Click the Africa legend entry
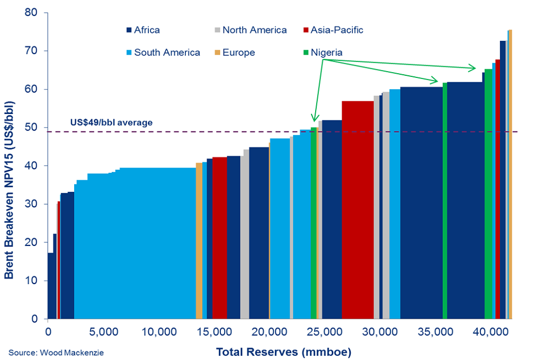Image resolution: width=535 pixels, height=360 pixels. (x=143, y=30)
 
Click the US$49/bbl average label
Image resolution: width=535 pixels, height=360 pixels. (x=111, y=122)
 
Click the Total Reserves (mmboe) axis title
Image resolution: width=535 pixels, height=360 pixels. (x=283, y=352)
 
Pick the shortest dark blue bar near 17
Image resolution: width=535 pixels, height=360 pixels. (x=50, y=286)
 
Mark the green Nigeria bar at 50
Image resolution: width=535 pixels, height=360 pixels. (x=314, y=223)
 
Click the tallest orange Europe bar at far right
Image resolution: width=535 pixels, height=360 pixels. (x=511, y=175)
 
